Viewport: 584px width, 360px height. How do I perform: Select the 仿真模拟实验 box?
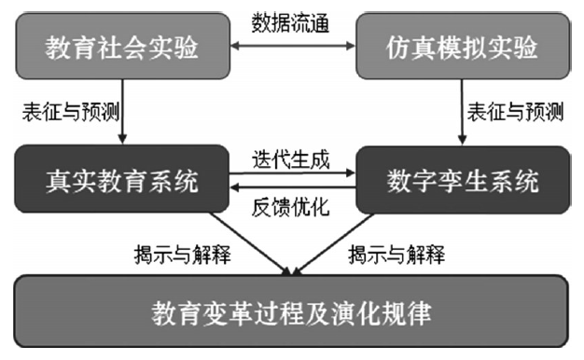pyautogui.click(x=462, y=47)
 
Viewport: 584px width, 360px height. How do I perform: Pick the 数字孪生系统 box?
pyautogui.click(x=462, y=180)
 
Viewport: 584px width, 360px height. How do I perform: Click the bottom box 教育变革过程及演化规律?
pyautogui.click(x=291, y=311)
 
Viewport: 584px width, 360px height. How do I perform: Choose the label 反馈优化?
pyautogui.click(x=292, y=207)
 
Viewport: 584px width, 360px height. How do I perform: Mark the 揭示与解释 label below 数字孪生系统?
pyautogui.click(x=396, y=252)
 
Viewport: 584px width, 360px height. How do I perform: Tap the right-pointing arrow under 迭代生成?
pyautogui.click(x=292, y=173)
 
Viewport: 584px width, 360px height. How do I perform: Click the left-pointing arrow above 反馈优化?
pyautogui.click(x=292, y=189)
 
